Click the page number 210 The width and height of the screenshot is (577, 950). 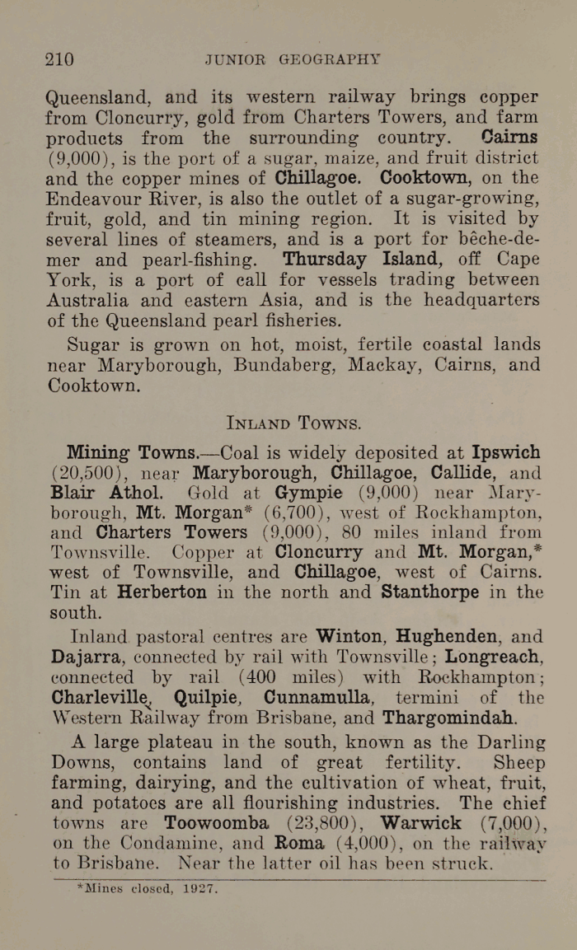pyautogui.click(x=59, y=59)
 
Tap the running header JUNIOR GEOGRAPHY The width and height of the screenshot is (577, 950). pyautogui.click(x=293, y=59)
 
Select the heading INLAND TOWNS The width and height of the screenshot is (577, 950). pyautogui.click(x=293, y=424)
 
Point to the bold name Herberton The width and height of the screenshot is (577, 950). pyautogui.click(x=162, y=592)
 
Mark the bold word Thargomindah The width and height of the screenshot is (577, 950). pyautogui.click(x=450, y=717)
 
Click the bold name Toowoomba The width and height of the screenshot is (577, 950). pyautogui.click(x=217, y=822)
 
